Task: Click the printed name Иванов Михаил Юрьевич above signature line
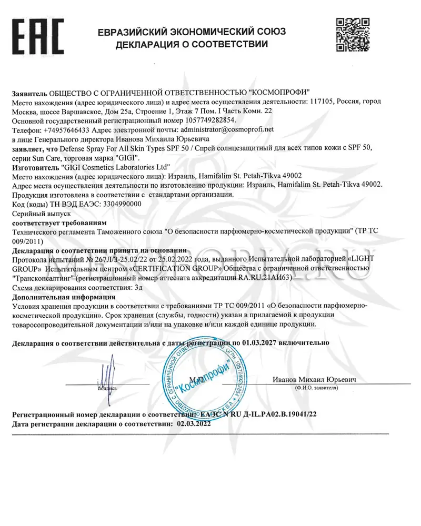(315, 379)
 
